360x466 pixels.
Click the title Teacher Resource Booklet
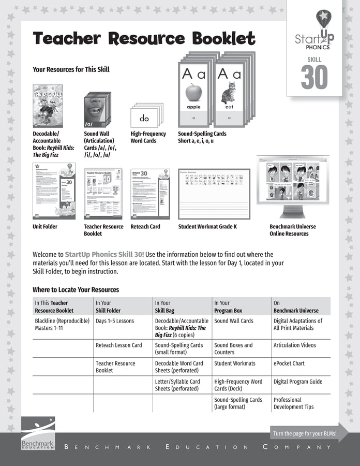144,39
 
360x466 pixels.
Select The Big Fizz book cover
48,106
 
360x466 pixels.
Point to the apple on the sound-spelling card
193,93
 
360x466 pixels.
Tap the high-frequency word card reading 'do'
144,118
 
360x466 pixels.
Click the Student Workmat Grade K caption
207,227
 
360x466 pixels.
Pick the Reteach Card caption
145,227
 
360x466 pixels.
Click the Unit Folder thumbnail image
54,191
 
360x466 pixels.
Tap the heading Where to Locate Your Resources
76,290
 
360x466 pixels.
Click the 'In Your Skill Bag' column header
165,307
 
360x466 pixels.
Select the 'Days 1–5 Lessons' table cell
115,321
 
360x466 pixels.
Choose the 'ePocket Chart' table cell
289,363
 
